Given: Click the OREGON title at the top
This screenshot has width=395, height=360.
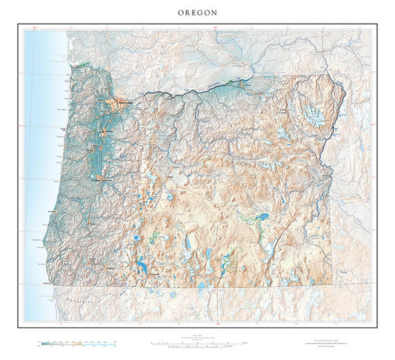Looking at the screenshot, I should tap(197, 12).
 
